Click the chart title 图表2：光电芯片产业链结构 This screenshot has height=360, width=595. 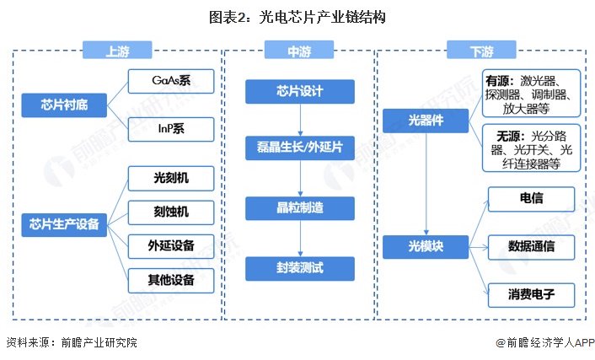(297, 16)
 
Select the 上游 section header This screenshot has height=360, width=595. (117, 51)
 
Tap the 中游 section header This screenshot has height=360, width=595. (297, 51)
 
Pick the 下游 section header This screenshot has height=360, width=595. (480, 51)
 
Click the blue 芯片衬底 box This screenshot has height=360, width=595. (64, 105)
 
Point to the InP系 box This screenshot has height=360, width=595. (171, 129)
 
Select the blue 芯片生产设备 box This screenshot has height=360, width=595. (64, 224)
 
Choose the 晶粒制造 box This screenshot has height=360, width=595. (297, 207)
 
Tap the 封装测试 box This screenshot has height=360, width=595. (297, 269)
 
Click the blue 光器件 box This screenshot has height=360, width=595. (426, 122)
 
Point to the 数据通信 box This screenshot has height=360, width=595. (531, 246)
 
